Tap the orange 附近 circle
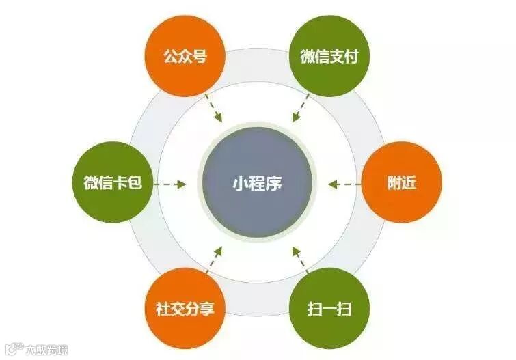tap(401, 183)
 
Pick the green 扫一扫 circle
tap(329, 308)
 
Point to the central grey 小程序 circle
tap(258, 183)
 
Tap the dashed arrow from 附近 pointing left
tap(344, 183)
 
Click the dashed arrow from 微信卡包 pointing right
tap(170, 183)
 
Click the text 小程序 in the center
tap(257, 183)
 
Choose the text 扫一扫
tap(329, 308)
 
